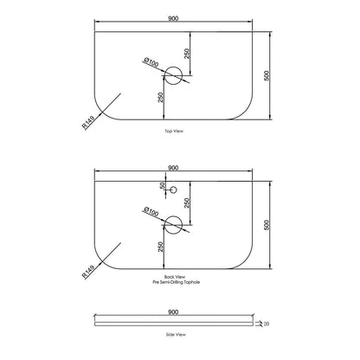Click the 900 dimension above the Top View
173,18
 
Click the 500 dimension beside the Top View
267,75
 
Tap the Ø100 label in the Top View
151,62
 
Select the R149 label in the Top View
88,122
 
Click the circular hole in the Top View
173,75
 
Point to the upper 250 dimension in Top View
187,54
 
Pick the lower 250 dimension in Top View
161,98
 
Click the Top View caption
174,131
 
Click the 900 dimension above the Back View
173,168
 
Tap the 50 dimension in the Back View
163,185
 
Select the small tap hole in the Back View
173,190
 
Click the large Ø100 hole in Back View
173,225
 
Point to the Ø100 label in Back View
151,212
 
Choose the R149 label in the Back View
88,272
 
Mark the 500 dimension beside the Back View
267,225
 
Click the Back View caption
175,277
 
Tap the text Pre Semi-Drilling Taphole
177,282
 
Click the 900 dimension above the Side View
173,312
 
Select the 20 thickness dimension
267,324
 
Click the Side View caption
176,335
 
